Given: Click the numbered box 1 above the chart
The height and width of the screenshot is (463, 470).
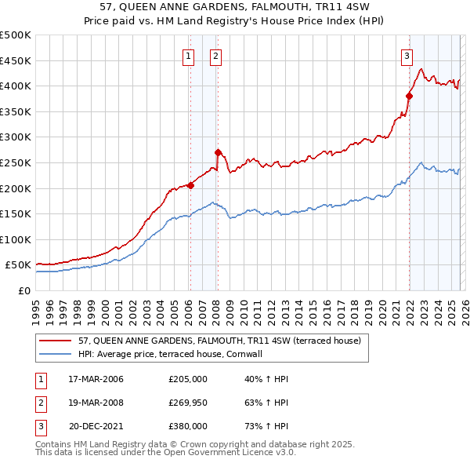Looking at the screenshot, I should coord(189,56).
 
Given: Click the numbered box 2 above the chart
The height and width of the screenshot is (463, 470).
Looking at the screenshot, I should coord(215,56).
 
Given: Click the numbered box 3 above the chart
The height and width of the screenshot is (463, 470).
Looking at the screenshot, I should coord(407,56).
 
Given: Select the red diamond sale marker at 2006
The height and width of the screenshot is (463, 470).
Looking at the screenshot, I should coord(190,186).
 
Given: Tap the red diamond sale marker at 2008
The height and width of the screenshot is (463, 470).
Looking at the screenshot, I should coord(218,152).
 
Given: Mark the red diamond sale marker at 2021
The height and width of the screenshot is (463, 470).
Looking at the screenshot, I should coord(409,97).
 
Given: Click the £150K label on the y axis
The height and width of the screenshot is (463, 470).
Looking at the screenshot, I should coord(16,213).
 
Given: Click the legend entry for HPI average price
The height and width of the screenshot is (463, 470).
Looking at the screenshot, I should coord(172,355).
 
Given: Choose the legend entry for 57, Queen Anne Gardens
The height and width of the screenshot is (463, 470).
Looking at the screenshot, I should coord(219,341).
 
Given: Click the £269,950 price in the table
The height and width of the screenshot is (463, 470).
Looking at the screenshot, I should coord(188,403).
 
